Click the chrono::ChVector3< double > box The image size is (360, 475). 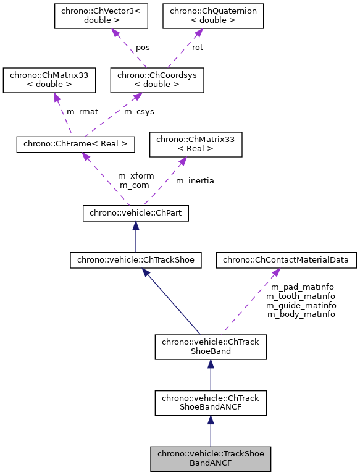pyautogui.click(x=101, y=16)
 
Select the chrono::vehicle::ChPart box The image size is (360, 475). pyautogui.click(x=136, y=213)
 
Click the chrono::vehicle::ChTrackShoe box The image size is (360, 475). pyautogui.click(x=136, y=260)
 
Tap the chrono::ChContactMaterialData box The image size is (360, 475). pyautogui.click(x=287, y=260)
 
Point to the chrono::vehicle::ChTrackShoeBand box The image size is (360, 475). pyautogui.click(x=211, y=347)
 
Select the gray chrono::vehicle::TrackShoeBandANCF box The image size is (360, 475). pyautogui.click(x=211, y=458)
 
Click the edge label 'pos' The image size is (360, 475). pyautogui.click(x=143, y=47)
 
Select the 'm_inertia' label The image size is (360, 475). pyautogui.click(x=195, y=180)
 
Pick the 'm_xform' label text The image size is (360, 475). pyautogui.click(x=136, y=175)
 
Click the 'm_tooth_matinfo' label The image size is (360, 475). pyautogui.click(x=301, y=296)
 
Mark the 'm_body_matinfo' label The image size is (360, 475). pyautogui.click(x=301, y=314)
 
